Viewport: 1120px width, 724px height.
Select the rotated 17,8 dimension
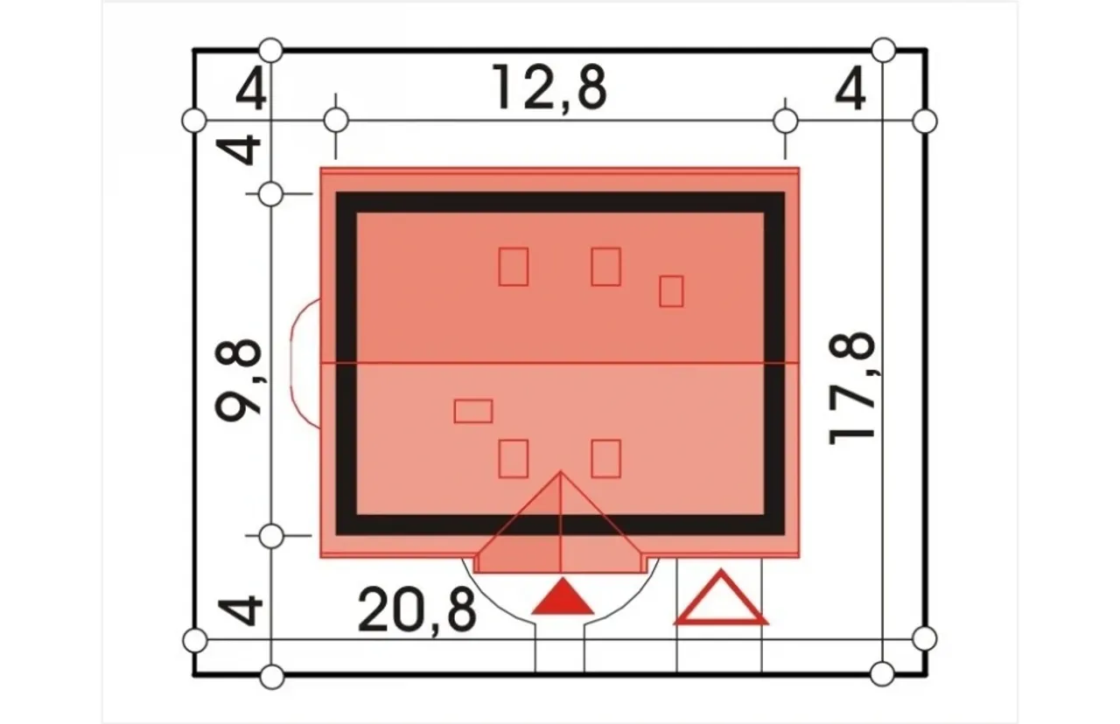pos(852,388)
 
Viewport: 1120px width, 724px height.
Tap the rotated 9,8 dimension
pos(238,380)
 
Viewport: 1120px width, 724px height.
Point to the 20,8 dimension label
pos(416,611)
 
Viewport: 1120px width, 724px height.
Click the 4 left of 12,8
pos(251,89)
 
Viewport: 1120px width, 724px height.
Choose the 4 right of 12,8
pos(850,89)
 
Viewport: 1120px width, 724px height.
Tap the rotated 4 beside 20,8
pos(240,610)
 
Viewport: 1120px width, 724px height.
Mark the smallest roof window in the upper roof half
pos(671,291)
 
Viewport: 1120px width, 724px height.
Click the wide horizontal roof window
pos(473,411)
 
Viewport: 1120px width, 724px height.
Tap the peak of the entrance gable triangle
pos(561,470)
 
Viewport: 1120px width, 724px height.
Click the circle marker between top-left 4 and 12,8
pos(336,121)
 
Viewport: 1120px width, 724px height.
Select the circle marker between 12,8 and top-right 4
pos(786,122)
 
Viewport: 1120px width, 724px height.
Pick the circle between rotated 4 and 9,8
pos(271,194)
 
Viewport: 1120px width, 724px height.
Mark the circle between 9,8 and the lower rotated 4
pos(271,537)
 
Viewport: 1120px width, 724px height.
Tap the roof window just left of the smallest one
pos(606,267)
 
